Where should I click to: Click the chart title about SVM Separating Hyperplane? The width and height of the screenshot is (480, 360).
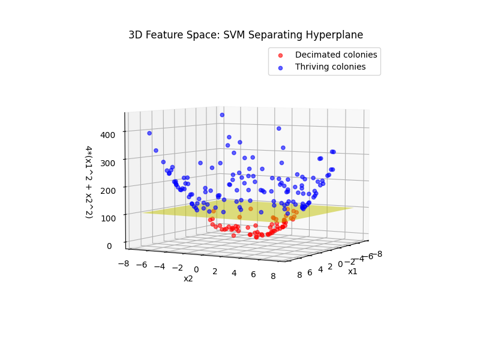(x=245, y=35)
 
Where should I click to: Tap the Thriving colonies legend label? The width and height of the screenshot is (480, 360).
(x=330, y=67)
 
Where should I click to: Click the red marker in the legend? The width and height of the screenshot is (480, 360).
(x=280, y=55)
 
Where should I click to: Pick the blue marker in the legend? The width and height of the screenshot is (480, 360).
(x=280, y=67)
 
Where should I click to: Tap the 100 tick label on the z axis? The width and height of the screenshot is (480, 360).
(x=108, y=217)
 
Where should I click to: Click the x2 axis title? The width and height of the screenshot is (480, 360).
(x=188, y=278)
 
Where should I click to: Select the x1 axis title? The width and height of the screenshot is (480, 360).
(x=353, y=271)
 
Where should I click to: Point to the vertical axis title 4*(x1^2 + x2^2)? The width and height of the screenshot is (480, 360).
(x=88, y=181)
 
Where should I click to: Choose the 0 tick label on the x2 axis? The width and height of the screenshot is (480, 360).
(x=196, y=269)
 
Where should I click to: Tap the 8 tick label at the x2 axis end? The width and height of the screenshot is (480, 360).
(x=274, y=276)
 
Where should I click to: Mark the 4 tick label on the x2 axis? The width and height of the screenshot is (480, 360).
(x=235, y=272)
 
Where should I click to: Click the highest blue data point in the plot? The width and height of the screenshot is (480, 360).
(x=222, y=115)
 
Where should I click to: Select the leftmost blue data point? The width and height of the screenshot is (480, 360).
(x=149, y=133)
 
